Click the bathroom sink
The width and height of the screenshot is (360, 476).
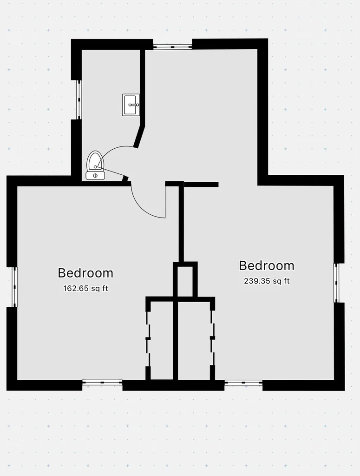(131, 105)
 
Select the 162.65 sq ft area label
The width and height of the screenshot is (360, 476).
(85, 288)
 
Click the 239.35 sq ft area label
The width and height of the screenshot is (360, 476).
(267, 281)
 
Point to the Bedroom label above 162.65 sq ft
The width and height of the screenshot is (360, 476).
(85, 273)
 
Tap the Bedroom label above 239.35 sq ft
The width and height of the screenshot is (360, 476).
(267, 265)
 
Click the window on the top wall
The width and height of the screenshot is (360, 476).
(172, 46)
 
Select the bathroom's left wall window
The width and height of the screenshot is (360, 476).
(79, 99)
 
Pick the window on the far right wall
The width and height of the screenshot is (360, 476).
(337, 283)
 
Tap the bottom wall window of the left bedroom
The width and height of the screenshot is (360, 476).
(102, 383)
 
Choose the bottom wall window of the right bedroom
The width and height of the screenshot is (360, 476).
(243, 383)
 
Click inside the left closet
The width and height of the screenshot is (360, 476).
(162, 339)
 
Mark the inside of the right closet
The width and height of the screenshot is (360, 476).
(194, 339)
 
